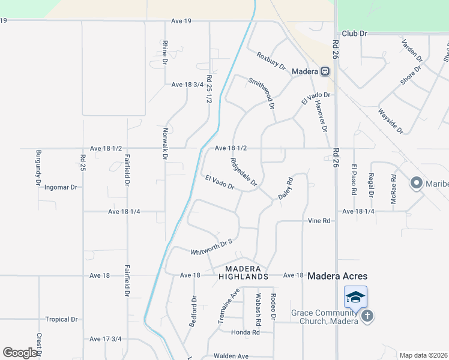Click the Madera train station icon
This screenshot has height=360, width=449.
325,71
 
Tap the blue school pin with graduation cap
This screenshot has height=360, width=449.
355,297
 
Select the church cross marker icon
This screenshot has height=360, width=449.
367,316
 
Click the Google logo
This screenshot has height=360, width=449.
20,353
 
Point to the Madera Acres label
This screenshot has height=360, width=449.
337,276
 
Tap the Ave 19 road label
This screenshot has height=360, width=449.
181,21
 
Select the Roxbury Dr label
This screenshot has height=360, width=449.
271,61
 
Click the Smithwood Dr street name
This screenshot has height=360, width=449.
262,93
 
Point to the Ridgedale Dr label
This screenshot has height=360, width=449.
244,172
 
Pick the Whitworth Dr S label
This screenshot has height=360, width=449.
211,247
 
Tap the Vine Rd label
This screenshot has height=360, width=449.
319,221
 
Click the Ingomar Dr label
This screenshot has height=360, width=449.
61,187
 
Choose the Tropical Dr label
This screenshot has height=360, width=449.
62,319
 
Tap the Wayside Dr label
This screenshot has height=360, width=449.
390,120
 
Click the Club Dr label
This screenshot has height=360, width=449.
354,34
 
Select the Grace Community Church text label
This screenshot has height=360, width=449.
325,317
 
